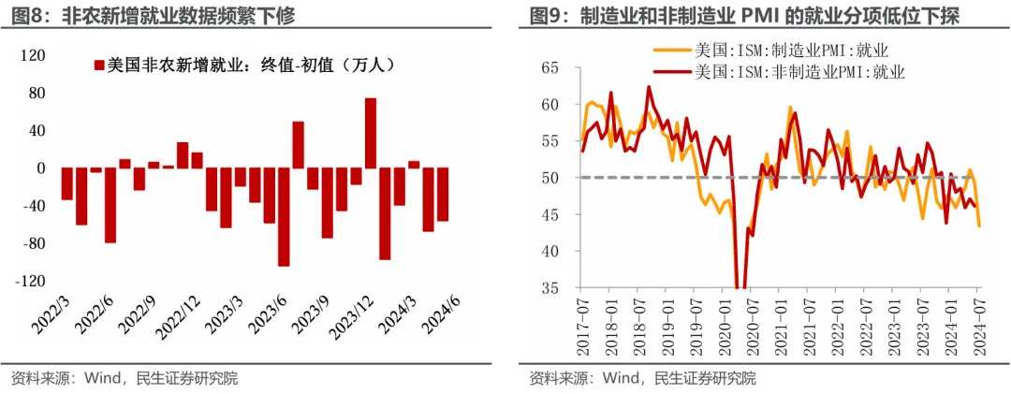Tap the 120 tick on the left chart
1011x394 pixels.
pyautogui.click(x=35, y=56)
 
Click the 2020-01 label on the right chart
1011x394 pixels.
pyautogui.click(x=724, y=323)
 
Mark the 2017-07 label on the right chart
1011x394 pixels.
pyautogui.click(x=582, y=323)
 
